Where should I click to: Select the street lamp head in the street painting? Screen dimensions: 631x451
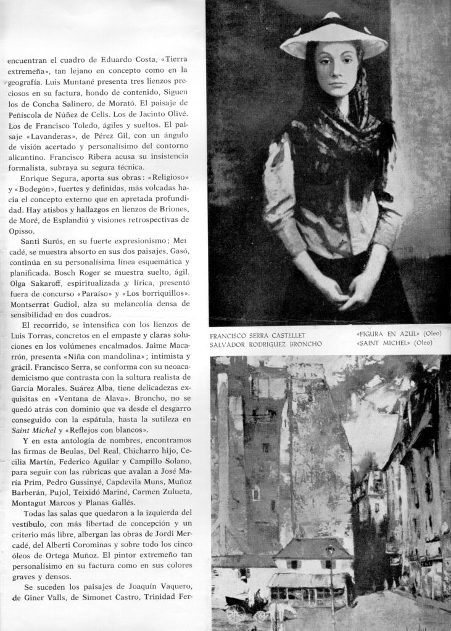click(x=331, y=549)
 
